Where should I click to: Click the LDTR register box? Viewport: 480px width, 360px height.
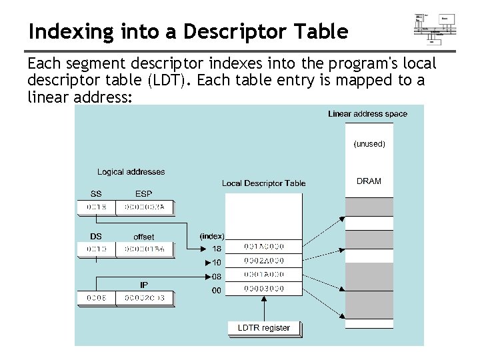pyautogui.click(x=264, y=328)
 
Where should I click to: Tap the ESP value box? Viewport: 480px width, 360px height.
pyautogui.click(x=144, y=208)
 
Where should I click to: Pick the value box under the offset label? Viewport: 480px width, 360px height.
pyautogui.click(x=144, y=249)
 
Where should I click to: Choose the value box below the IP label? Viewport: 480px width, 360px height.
pyautogui.click(x=144, y=297)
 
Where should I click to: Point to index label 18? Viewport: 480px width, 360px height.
pyautogui.click(x=217, y=248)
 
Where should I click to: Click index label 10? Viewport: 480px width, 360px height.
pyautogui.click(x=217, y=262)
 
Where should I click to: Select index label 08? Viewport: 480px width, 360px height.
pyautogui.click(x=217, y=276)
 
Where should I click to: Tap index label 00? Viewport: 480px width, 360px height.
pyautogui.click(x=217, y=290)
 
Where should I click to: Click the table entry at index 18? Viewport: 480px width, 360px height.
pyautogui.click(x=264, y=247)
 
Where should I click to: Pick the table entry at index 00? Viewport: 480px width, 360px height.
pyautogui.click(x=264, y=289)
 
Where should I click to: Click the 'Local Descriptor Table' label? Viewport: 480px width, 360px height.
pyautogui.click(x=264, y=183)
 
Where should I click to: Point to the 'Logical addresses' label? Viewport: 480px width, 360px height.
pyautogui.click(x=131, y=172)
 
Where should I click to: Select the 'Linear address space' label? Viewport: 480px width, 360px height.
pyautogui.click(x=367, y=114)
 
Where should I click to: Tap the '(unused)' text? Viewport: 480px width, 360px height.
pyautogui.click(x=369, y=143)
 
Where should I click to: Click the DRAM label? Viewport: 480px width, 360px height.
pyautogui.click(x=369, y=181)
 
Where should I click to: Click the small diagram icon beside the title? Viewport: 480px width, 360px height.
pyautogui.click(x=435, y=28)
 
